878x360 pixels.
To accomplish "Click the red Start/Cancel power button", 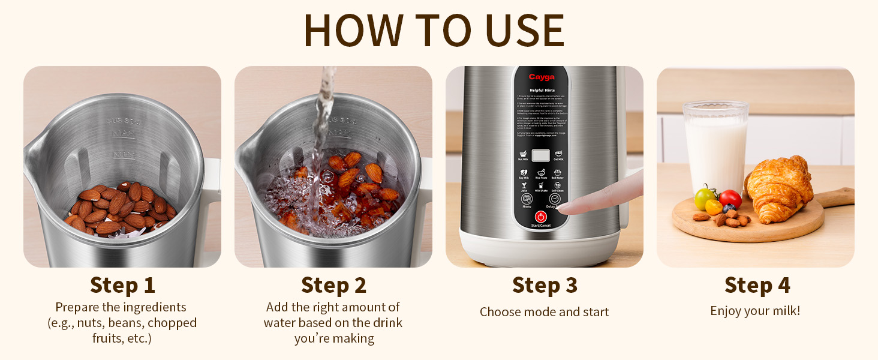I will tap(541, 216).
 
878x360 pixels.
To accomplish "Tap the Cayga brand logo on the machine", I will tap(541, 77).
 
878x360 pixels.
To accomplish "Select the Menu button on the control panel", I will tap(527, 199).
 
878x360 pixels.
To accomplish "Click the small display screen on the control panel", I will tap(541, 155).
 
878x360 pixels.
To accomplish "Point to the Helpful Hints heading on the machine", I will tap(541, 90).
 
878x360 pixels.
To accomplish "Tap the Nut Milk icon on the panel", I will tap(523, 155).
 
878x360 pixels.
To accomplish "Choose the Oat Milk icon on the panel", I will tap(558, 155).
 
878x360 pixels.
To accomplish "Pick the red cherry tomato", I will tap(730, 198).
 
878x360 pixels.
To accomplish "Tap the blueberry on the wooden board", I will tap(729, 208).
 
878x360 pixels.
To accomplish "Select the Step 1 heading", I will tap(122, 285).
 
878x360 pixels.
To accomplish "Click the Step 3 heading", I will tap(545, 285).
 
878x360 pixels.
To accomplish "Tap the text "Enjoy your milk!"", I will tap(755, 311).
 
